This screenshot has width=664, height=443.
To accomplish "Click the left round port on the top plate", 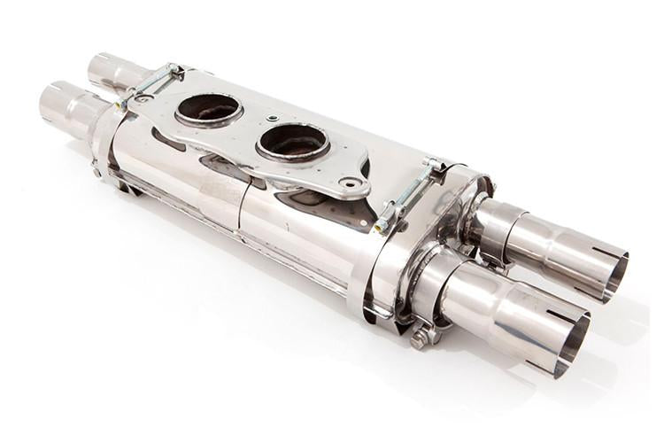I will coord(209,110).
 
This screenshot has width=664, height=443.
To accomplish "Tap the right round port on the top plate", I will coord(293,142).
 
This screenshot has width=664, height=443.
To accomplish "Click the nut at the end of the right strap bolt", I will coord(381,228).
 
